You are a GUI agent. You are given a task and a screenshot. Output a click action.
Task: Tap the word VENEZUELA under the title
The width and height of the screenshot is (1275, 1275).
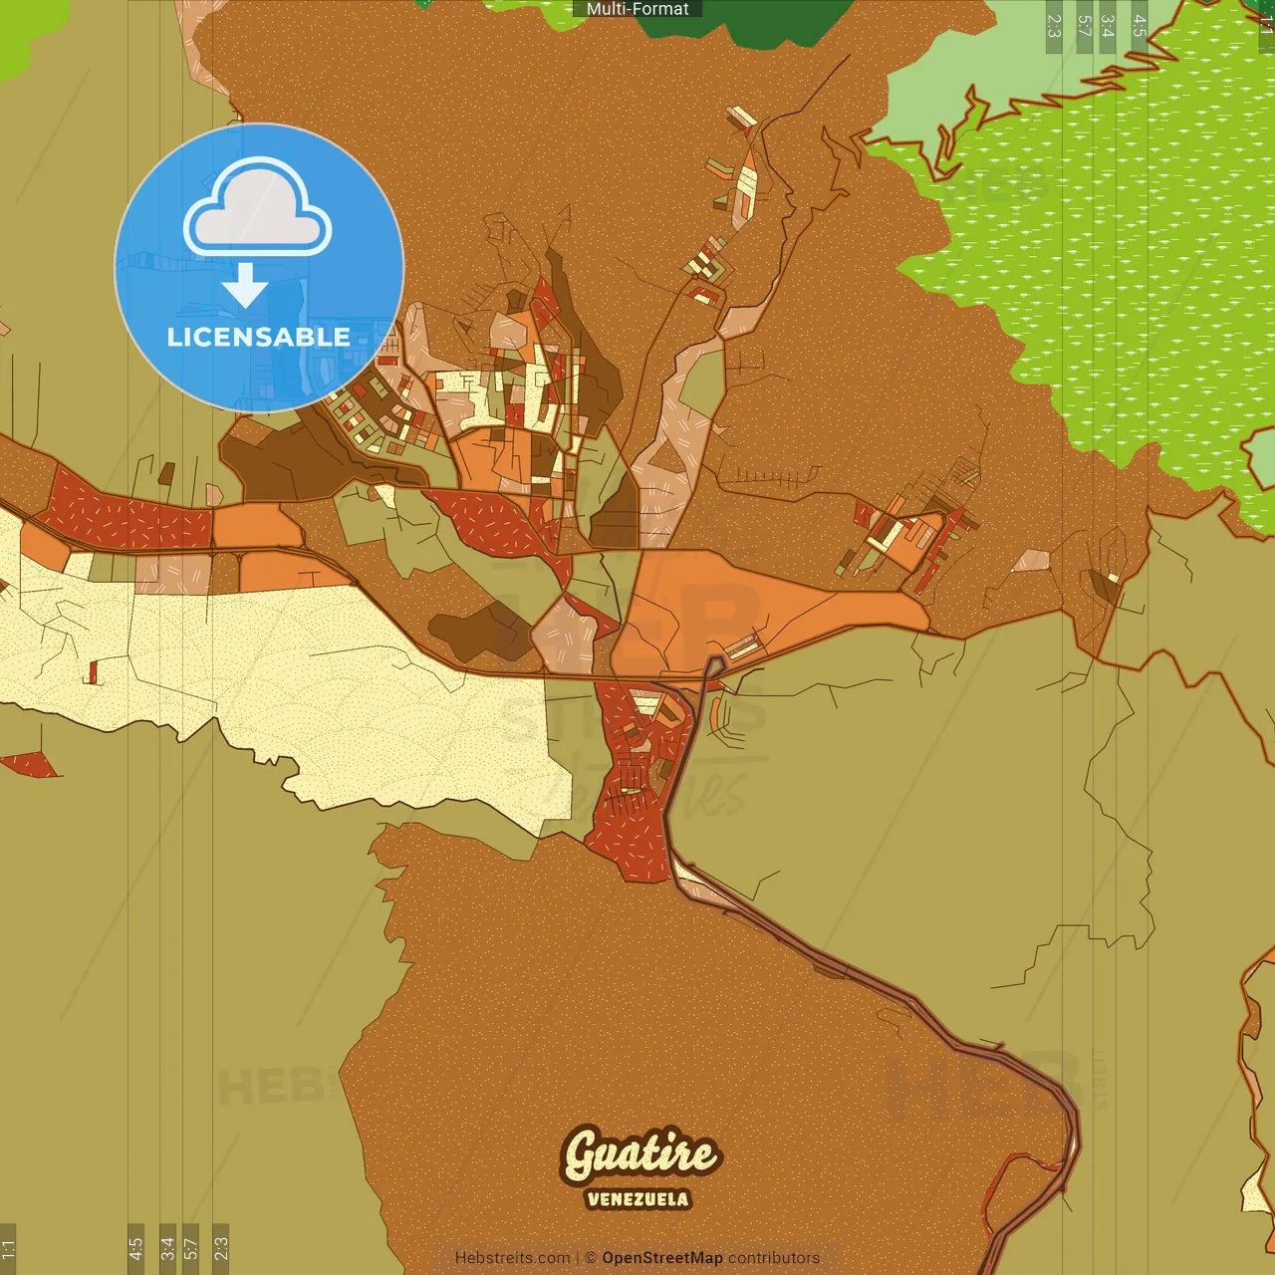click(637, 1199)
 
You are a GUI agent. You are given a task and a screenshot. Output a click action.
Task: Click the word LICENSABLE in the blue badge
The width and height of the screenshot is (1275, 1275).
click(259, 337)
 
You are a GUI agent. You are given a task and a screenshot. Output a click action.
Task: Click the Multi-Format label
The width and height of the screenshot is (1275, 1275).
click(637, 9)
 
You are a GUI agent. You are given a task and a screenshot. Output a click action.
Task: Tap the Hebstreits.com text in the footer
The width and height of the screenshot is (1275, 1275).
click(512, 1258)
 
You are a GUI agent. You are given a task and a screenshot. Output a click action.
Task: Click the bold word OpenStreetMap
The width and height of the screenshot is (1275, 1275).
click(662, 1258)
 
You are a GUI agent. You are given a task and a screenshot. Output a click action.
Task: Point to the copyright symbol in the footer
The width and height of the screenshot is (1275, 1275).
click(591, 1258)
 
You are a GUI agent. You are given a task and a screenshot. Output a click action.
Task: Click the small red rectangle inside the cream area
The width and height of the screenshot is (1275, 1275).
click(94, 672)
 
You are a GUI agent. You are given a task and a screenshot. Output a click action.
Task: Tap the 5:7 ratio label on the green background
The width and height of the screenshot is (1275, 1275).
click(1085, 26)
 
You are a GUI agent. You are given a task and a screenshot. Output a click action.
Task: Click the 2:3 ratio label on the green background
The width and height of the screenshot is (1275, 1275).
click(1054, 26)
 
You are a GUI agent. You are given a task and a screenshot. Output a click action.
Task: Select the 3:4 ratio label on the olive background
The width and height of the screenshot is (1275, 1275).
click(167, 1247)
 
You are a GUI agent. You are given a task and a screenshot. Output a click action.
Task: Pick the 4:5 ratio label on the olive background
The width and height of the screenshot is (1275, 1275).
click(135, 1247)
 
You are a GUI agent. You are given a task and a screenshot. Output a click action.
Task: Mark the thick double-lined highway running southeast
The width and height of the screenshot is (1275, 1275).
click(896, 986)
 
